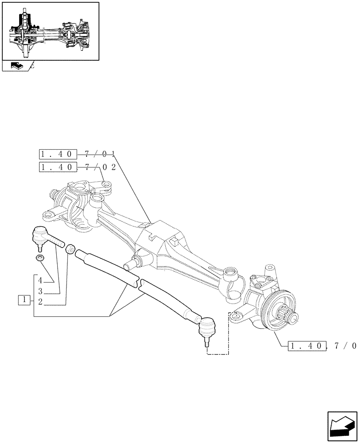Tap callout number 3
(x=40, y=291)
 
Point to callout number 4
(x=40, y=280)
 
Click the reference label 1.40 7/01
(x=78, y=154)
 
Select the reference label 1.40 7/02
(x=78, y=167)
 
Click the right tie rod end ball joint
(x=207, y=328)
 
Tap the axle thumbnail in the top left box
(x=50, y=31)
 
